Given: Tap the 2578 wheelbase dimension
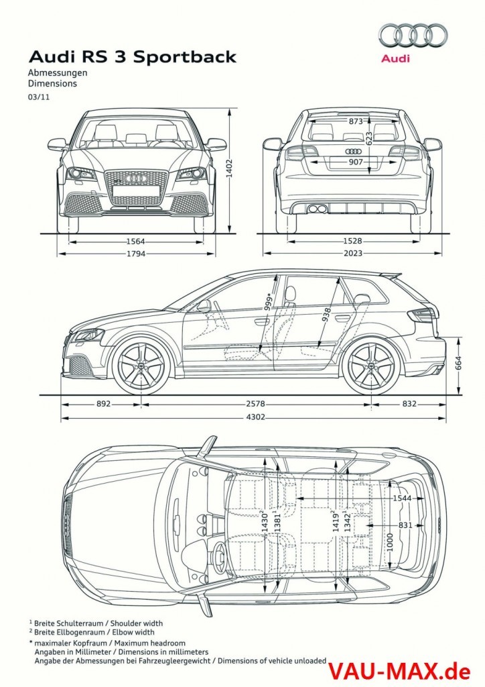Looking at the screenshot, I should coord(255,404).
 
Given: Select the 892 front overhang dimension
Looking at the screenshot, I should coord(103,404).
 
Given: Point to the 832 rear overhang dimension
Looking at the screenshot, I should coord(410,404).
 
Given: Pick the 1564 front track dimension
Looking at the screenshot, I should coord(137,242).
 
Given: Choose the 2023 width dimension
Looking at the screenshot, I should coord(353,254).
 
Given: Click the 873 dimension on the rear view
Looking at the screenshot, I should coord(356,121).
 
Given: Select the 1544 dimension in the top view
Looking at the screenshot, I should coord(402,498).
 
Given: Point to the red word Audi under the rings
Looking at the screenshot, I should coord(395,59).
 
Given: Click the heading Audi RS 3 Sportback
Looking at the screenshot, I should coord(132,57).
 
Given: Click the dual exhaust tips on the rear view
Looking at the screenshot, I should coord(317,209).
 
